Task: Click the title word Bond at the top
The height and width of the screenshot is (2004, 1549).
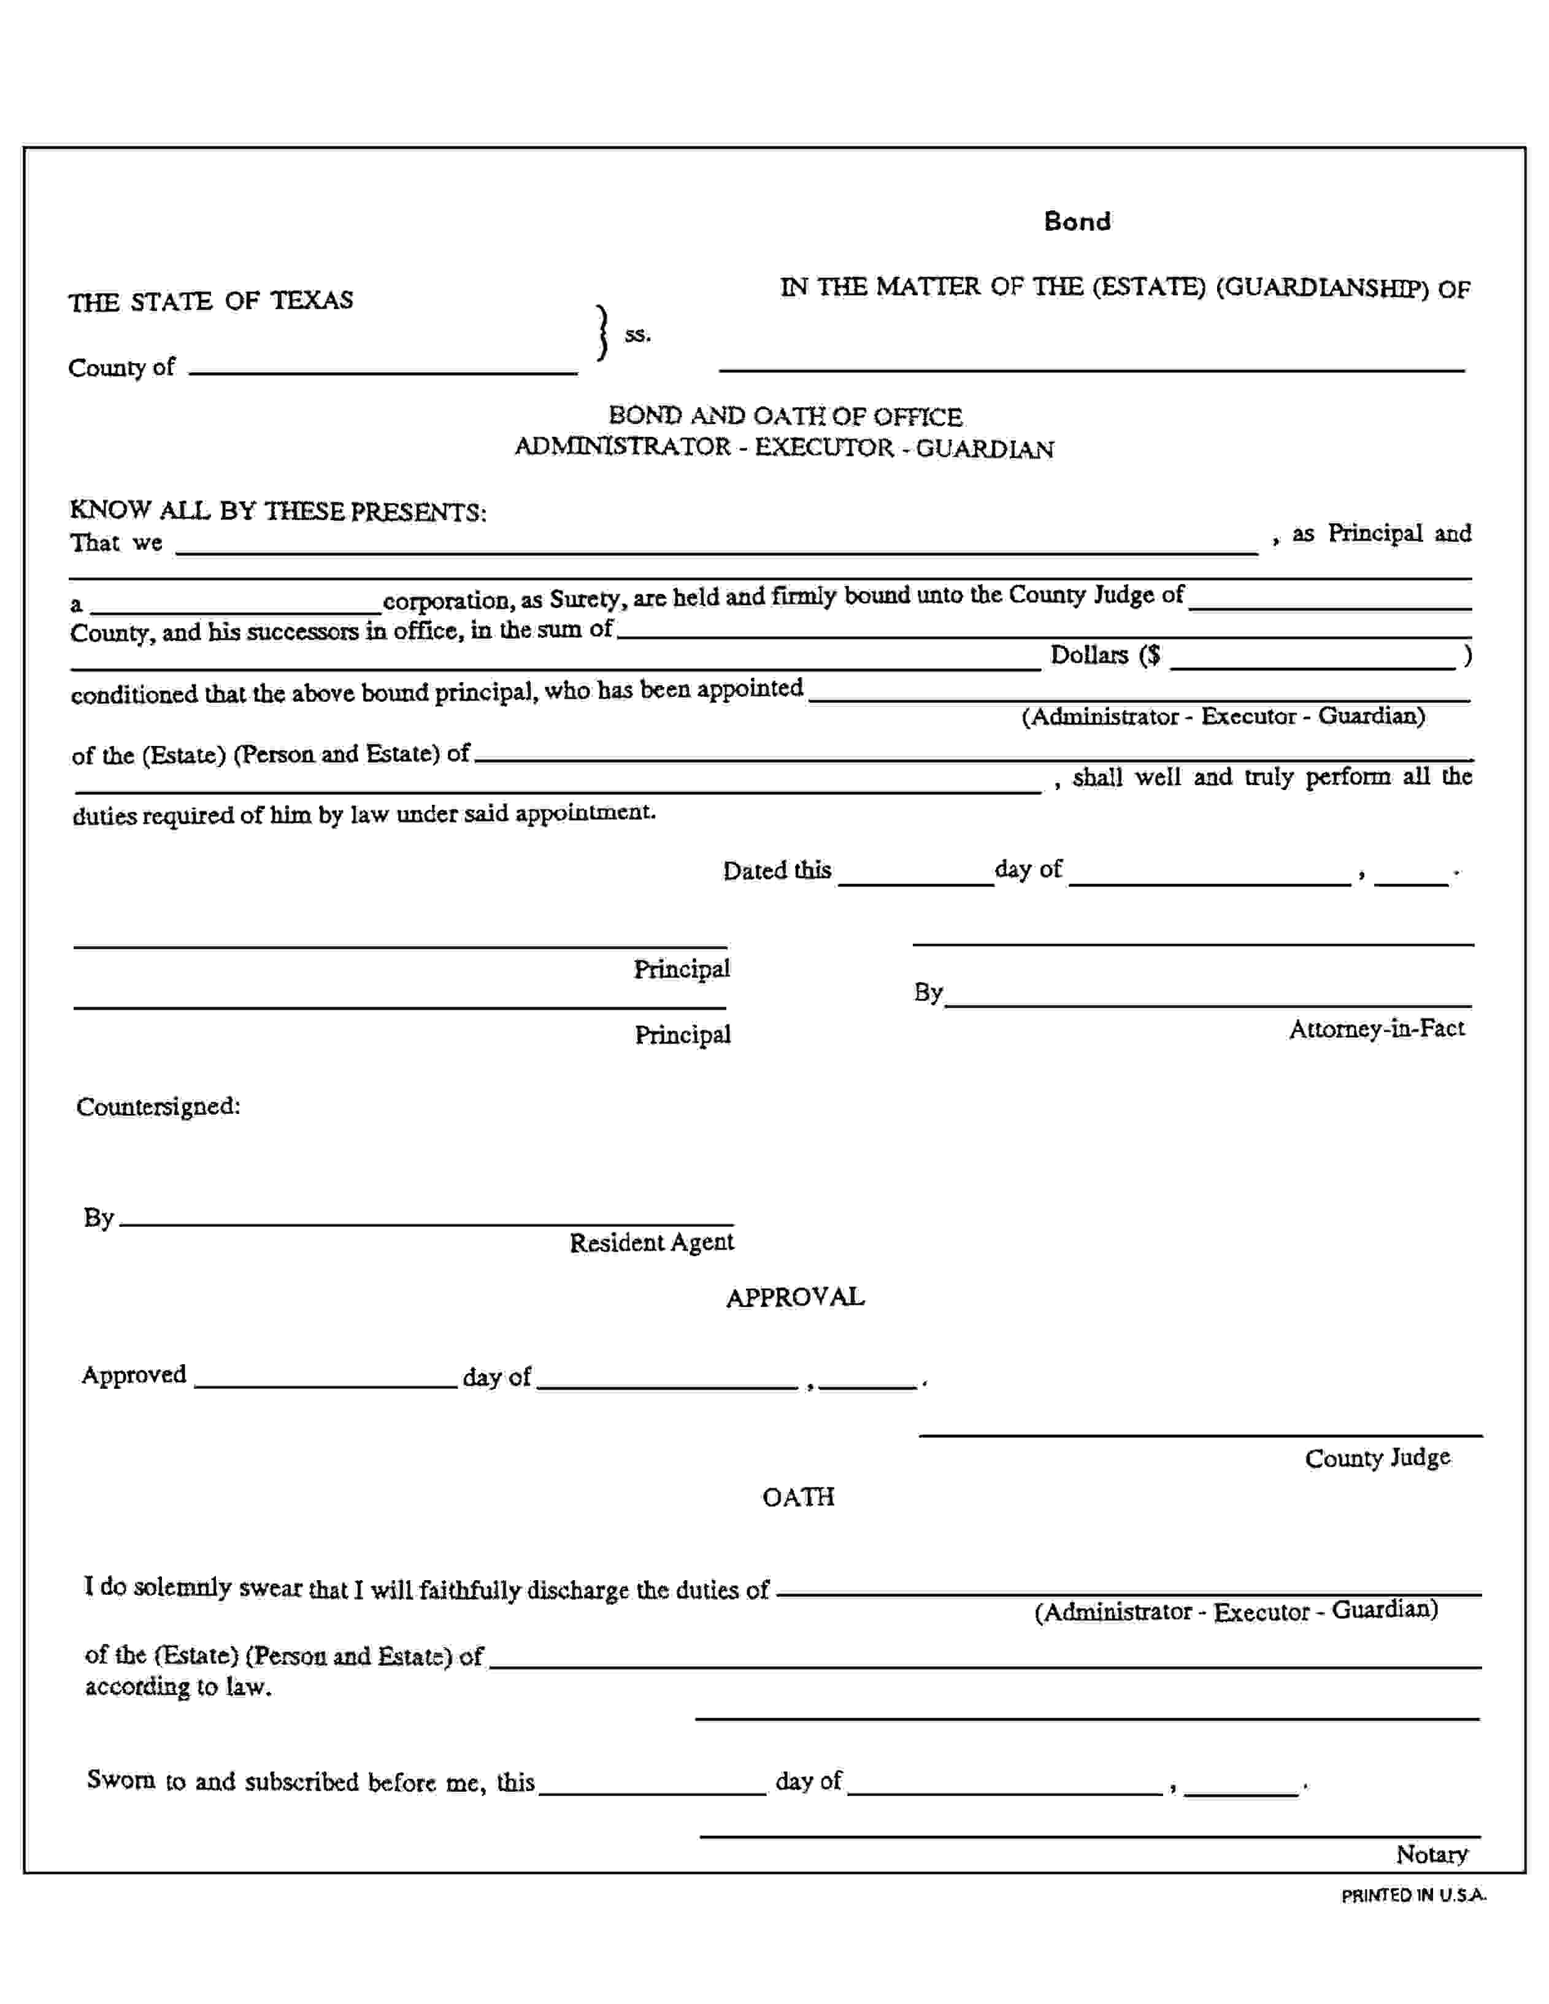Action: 1077,221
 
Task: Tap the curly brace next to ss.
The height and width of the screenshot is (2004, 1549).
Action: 602,333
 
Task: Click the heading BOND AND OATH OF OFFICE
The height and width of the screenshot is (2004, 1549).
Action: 785,417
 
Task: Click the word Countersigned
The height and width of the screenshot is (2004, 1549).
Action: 158,1106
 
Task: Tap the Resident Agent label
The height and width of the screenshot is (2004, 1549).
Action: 651,1242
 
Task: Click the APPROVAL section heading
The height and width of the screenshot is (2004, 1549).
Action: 794,1297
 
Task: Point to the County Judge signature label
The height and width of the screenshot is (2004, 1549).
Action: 1377,1458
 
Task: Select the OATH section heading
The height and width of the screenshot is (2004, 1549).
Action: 798,1497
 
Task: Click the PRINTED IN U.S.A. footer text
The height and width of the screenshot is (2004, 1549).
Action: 1413,1895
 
